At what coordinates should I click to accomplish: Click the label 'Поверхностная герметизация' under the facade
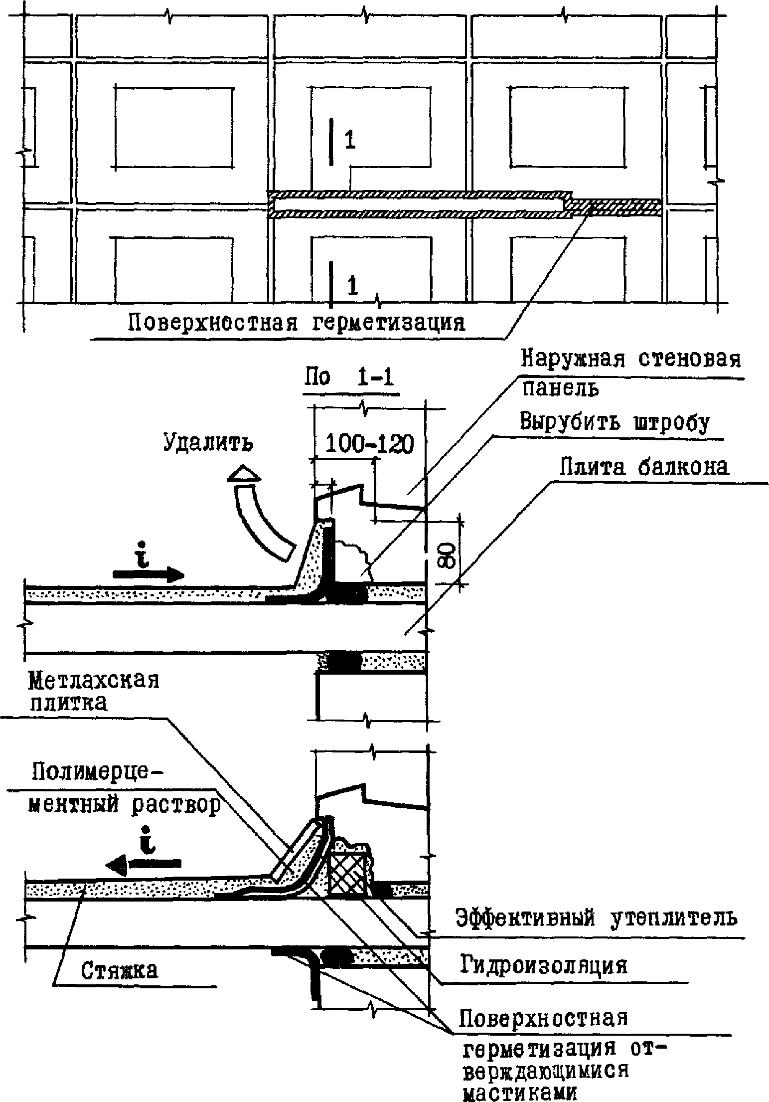click(296, 323)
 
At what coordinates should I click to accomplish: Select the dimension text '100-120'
click(369, 444)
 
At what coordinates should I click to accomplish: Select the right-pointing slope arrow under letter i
click(149, 573)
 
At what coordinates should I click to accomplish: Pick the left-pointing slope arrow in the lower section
click(145, 863)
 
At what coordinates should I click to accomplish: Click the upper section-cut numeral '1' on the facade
click(350, 141)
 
